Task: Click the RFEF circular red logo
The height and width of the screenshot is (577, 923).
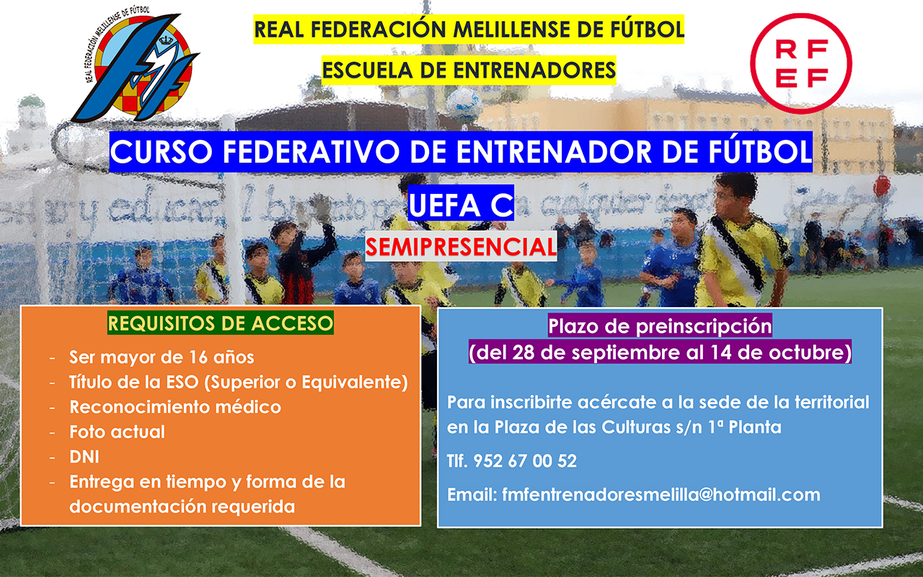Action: coord(801,63)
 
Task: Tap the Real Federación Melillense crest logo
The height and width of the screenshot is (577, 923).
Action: coord(136,65)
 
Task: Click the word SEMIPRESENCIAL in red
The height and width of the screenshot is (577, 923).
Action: coord(461,247)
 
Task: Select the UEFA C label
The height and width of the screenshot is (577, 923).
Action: coord(461,204)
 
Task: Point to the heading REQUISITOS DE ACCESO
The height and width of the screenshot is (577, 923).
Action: coord(221,323)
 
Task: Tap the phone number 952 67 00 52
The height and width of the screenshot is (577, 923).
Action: coord(525,461)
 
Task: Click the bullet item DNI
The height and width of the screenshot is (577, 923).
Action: coord(84,457)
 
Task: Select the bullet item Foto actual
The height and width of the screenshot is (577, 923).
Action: coord(117,431)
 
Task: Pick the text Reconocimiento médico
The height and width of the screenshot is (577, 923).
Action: coord(175,407)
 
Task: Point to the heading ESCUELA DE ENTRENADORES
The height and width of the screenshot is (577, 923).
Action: coord(469,70)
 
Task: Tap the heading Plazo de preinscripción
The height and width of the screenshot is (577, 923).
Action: coord(660,326)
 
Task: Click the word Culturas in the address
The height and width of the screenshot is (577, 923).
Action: coord(636,427)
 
